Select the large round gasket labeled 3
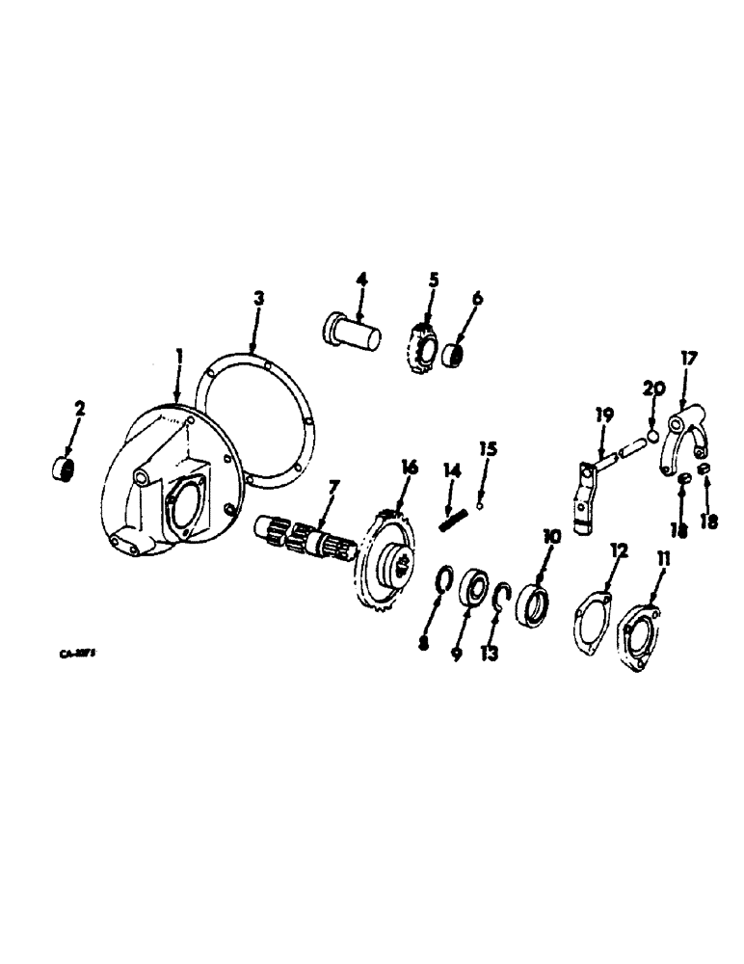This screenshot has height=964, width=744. click(252, 424)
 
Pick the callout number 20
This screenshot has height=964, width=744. click(653, 389)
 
